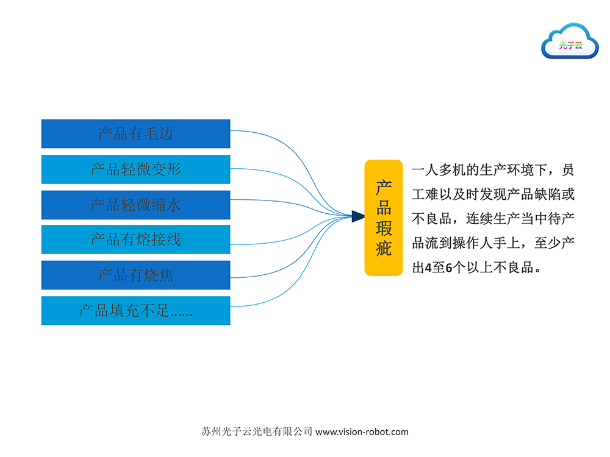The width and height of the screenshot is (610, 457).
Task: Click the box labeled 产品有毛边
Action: coord(136,133)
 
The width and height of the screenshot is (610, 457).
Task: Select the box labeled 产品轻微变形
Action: coord(136,169)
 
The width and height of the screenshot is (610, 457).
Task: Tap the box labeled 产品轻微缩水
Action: coord(136,205)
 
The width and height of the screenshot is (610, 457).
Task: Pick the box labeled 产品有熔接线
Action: coord(136,239)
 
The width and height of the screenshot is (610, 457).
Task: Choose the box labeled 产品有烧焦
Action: coord(136,275)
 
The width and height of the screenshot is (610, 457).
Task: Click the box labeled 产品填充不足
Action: coord(136,311)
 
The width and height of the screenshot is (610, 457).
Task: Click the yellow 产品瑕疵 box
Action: coord(384,218)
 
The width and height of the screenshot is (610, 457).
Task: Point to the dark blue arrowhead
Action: coord(358,216)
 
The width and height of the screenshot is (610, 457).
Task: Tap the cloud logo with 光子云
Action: coord(570,41)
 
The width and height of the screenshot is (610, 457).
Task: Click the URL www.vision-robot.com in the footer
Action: coord(362,432)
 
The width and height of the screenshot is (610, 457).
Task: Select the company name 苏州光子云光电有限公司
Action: coord(257,431)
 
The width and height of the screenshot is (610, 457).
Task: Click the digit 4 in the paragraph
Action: coord(428,267)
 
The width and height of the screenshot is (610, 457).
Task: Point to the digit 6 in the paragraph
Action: coord(449,267)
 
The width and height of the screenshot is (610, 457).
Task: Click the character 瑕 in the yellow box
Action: coord(384,228)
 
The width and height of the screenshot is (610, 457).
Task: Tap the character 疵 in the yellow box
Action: coord(384,248)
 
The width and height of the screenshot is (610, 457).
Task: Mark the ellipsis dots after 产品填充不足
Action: coord(181,314)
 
